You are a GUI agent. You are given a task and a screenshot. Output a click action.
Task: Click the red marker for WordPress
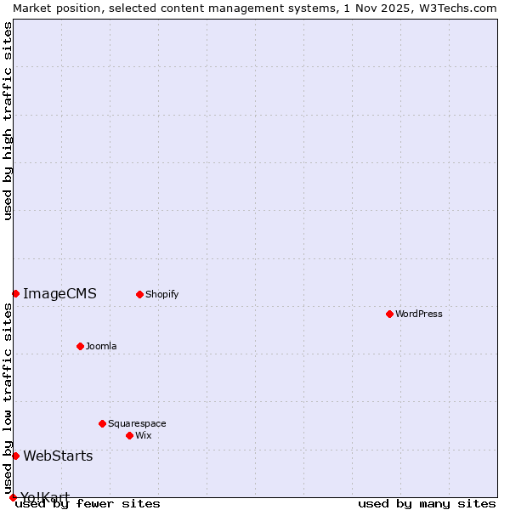point(389,314)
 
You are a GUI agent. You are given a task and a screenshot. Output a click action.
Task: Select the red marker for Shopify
point(139,294)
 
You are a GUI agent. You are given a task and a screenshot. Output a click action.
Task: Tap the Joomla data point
point(80,346)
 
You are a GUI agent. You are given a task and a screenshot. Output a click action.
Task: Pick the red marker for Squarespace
point(102,423)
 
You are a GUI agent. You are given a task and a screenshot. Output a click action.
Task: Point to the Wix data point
point(129,435)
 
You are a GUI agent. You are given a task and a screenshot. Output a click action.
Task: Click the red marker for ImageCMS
point(15,293)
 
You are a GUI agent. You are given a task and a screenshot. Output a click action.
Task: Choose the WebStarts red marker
point(15,456)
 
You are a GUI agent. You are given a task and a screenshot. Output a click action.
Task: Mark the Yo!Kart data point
point(13,497)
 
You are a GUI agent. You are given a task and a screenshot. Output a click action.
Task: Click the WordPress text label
point(419,314)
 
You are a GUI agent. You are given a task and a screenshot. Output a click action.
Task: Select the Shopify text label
point(162,294)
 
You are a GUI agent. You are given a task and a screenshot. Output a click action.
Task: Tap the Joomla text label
point(101,346)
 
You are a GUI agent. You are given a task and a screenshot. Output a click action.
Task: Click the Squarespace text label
point(137,423)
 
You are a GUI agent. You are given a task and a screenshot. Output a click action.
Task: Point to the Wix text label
point(144,435)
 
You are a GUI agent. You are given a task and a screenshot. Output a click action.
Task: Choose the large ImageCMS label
point(59,293)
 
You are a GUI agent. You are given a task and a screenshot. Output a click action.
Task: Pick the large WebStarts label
point(58,456)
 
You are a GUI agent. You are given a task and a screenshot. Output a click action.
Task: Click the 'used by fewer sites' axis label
point(88,504)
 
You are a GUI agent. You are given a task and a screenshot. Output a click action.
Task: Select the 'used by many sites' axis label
point(427,504)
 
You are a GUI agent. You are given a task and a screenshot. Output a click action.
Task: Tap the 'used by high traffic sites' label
point(8,121)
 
